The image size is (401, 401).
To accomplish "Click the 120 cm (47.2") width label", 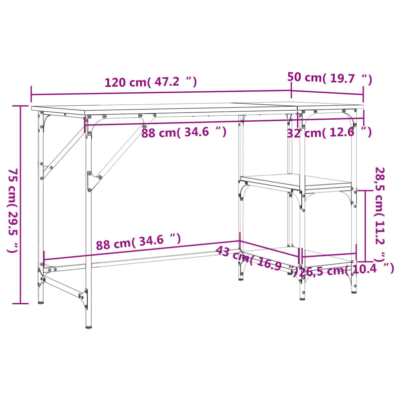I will (150, 82).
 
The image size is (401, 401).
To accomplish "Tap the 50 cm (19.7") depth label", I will (330, 78).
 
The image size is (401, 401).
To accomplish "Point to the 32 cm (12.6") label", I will (329, 132).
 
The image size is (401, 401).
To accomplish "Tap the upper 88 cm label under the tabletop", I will (183, 132).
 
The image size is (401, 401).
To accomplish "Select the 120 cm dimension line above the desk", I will (160, 92).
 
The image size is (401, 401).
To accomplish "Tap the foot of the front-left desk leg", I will (88, 326).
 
